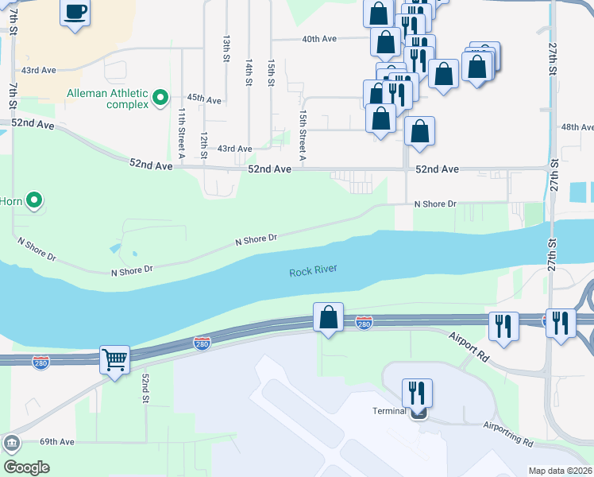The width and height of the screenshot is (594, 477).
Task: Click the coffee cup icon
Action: [75, 13]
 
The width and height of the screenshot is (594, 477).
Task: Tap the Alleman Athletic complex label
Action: [107, 99]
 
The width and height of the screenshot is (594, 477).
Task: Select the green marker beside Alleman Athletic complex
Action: [160, 99]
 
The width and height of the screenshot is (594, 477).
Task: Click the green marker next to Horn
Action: [34, 201]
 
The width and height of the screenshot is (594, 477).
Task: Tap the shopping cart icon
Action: [115, 361]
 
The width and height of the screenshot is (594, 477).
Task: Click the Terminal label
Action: [390, 411]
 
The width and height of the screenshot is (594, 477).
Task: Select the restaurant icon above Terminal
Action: [417, 393]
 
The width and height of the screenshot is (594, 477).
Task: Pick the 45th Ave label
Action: [203, 99]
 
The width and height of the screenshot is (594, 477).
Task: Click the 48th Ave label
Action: [577, 127]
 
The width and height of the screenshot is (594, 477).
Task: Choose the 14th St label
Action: [249, 72]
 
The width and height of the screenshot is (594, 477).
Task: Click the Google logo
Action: [26, 467]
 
